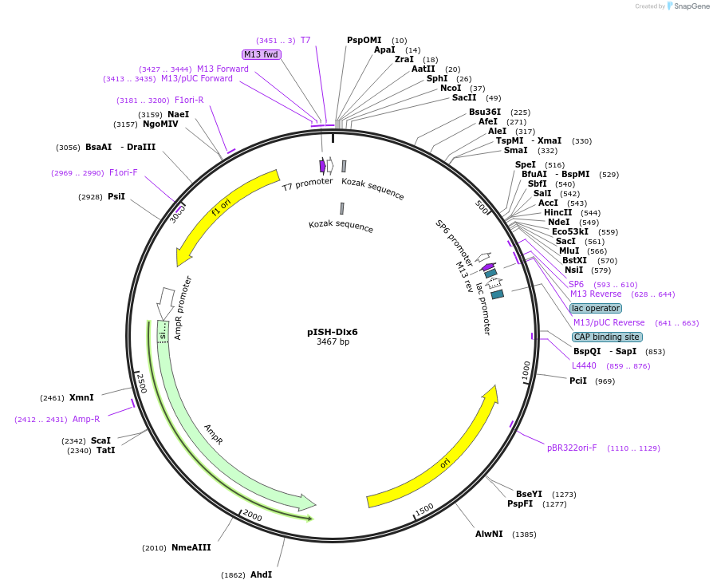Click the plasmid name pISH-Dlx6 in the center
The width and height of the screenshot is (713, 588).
click(333, 332)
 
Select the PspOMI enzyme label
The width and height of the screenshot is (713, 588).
click(364, 40)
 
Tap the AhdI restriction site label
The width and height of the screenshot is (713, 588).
click(261, 574)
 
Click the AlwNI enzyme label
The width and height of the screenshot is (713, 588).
click(489, 534)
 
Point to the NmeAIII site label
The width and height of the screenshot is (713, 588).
click(191, 547)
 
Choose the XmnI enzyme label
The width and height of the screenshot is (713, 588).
click(81, 397)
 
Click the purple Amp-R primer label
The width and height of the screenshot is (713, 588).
click(86, 419)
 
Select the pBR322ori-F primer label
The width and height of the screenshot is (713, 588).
click(572, 448)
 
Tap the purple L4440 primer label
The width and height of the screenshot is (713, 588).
click(584, 365)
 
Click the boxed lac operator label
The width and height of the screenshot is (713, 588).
click(596, 308)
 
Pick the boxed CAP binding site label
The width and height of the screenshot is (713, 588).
click(607, 337)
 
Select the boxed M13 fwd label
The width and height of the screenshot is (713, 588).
click(262, 54)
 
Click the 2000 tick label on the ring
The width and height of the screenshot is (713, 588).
click(252, 515)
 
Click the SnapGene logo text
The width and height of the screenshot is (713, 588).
click(691, 6)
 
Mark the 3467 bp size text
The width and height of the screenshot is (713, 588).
click(333, 342)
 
